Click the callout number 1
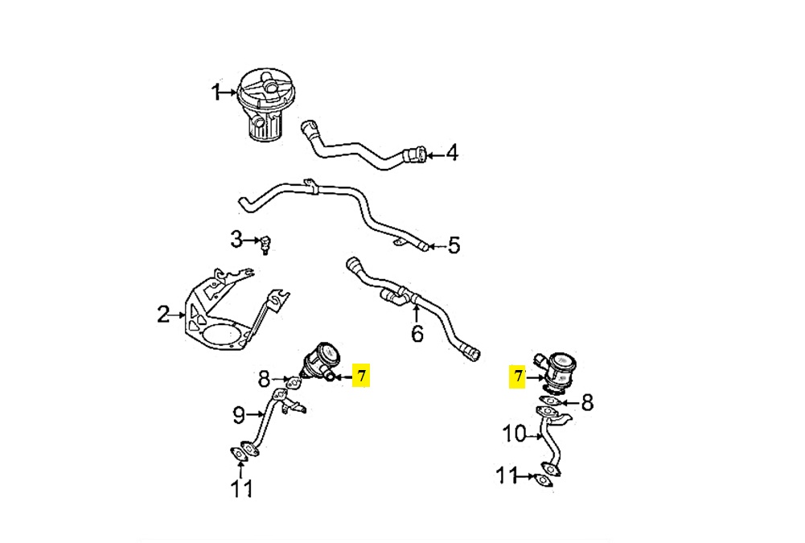tap(216, 93)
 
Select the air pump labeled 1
tap(263, 105)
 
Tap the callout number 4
tap(452, 153)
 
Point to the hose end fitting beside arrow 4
tap(415, 154)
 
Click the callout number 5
tap(454, 245)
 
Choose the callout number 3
tap(236, 239)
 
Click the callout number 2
tap(163, 314)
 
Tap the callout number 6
tap(418, 333)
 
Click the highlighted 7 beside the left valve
tap(361, 376)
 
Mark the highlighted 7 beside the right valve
tap(518, 377)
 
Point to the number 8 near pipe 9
tap(264, 379)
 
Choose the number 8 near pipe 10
tap(587, 402)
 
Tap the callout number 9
tap(239, 414)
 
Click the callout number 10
tap(515, 434)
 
